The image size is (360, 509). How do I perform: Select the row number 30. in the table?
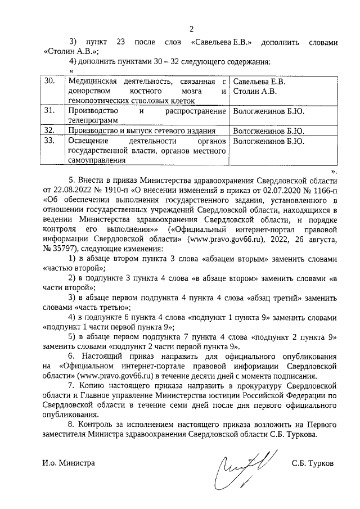49,82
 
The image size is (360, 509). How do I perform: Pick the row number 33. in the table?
49,141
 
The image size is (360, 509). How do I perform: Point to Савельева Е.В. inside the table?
259,82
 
